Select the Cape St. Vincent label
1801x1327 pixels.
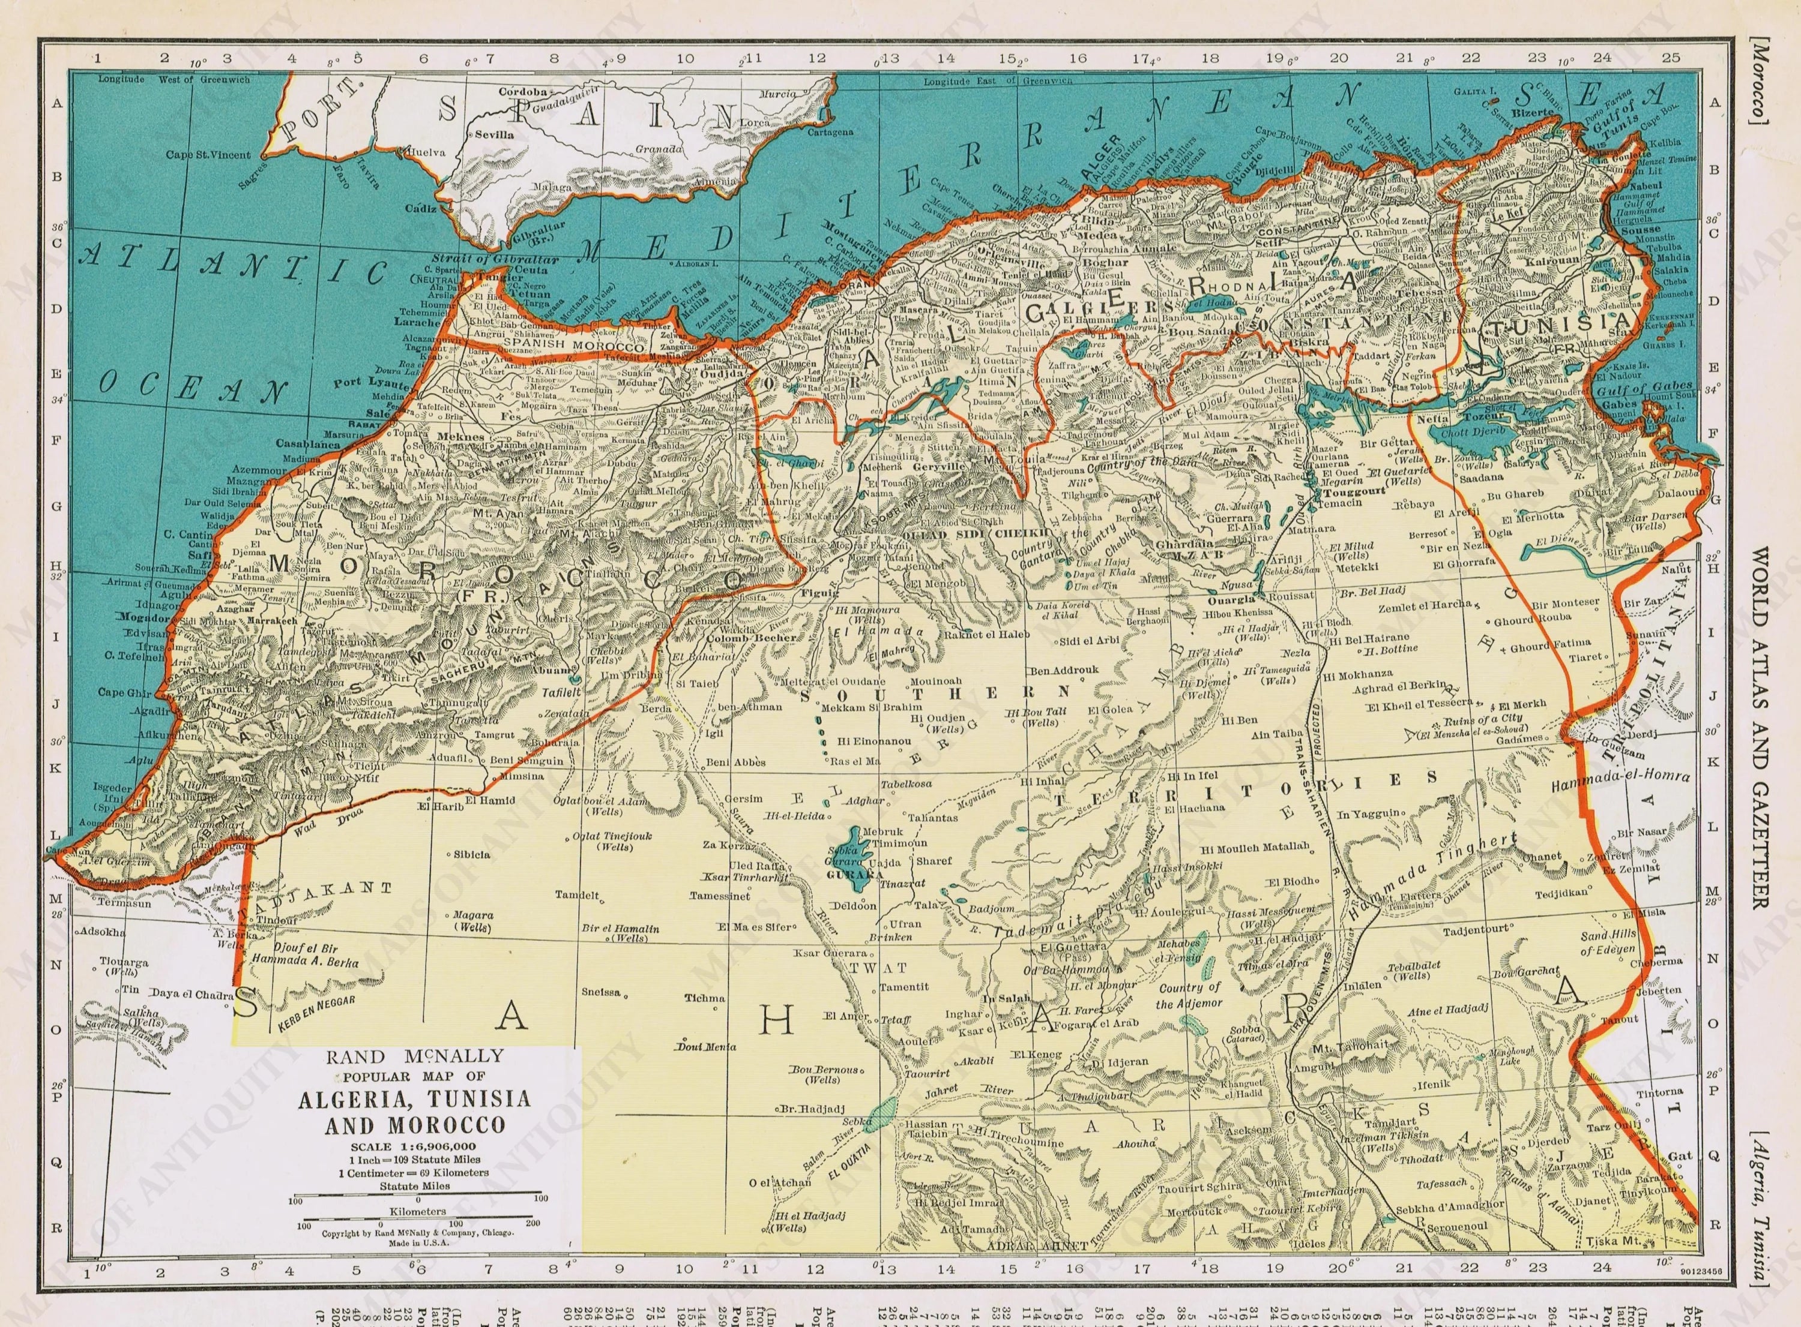[208, 154]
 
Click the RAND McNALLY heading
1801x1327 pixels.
[415, 1055]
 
